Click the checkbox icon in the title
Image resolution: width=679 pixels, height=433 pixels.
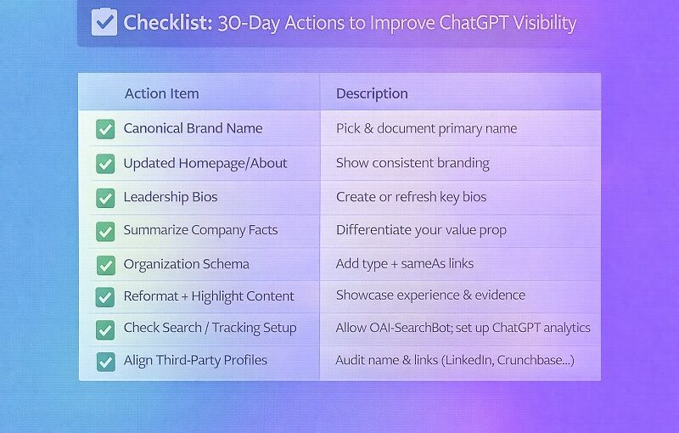104,22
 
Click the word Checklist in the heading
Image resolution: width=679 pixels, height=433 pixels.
167,23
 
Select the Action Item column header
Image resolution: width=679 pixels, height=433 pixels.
161,93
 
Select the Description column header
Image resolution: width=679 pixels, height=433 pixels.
372,93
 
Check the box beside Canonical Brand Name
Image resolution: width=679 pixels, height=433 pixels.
105,129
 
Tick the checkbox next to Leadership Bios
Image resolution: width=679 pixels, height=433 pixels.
105,198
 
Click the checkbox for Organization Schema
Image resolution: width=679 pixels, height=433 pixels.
105,264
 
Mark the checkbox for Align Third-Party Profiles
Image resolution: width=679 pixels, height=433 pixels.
105,361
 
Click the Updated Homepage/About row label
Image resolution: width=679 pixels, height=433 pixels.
205,163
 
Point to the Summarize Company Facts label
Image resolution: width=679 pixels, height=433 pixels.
200,230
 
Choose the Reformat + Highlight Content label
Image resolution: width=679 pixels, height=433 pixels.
209,296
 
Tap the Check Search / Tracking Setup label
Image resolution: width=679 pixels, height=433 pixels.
210,328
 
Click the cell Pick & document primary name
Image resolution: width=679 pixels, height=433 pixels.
426,129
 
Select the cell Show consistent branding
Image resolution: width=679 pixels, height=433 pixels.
412,163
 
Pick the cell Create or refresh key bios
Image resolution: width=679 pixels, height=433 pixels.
411,197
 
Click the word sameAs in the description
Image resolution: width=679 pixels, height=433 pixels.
433,263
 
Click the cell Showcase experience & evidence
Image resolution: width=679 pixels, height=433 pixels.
430,295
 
